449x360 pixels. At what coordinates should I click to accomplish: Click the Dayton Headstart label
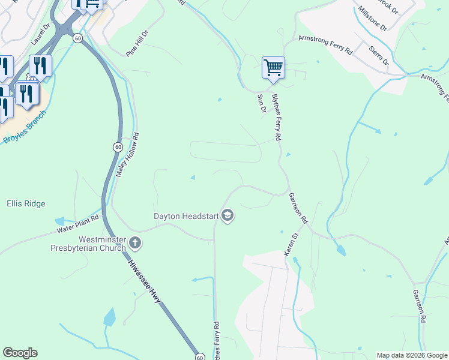pyautogui.click(x=185, y=215)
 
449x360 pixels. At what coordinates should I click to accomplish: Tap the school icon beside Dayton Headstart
pyautogui.click(x=228, y=215)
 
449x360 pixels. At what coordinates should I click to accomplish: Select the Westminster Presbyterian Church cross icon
pyautogui.click(x=135, y=243)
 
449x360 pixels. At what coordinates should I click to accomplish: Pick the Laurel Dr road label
pyautogui.click(x=40, y=35)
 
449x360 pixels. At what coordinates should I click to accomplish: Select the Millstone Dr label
pyautogui.click(x=372, y=19)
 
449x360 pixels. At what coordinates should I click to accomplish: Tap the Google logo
pyautogui.click(x=20, y=353)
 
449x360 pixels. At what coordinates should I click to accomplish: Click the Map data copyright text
pyautogui.click(x=412, y=355)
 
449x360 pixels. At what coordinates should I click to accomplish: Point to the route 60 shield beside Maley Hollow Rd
pyautogui.click(x=117, y=146)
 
